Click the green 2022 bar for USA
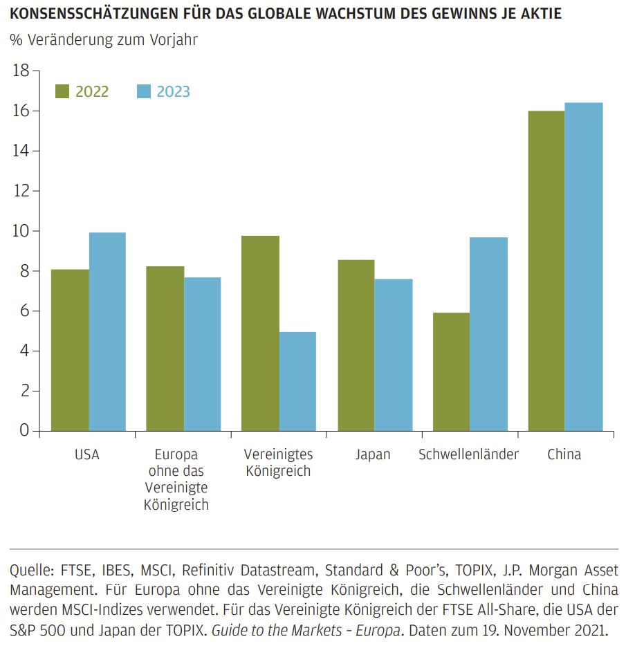coord(70,350)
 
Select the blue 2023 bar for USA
coord(107,331)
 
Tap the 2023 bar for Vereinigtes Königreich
coord(298,381)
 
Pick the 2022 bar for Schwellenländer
coord(451,371)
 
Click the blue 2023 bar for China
coord(584,266)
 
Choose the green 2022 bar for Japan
coord(356,345)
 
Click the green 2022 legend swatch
coord(62,91)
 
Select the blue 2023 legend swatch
coord(143,91)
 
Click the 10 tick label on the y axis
coord(21,231)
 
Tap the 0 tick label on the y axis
coord(25,431)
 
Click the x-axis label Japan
coord(373,455)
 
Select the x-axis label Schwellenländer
coord(468,455)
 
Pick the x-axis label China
coord(564,455)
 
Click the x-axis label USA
coord(87,455)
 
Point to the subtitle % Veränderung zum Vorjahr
coord(104,40)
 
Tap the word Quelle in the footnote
coord(28,571)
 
